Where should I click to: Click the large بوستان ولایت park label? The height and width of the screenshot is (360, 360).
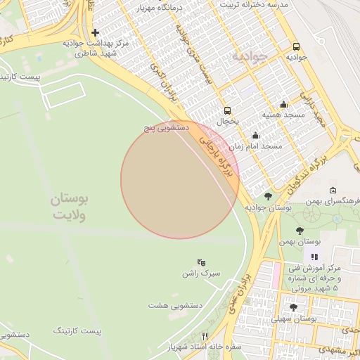pyautogui.click(x=70, y=208)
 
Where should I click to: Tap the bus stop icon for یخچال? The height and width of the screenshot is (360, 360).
pyautogui.click(x=227, y=110)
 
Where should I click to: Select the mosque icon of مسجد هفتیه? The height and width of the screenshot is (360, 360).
pyautogui.click(x=283, y=104)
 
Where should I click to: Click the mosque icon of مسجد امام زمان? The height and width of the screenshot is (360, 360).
pyautogui.click(x=255, y=136)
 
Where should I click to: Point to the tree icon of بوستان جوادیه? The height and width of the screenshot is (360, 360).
pyautogui.click(x=268, y=196)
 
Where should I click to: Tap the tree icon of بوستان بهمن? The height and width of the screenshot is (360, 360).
pyautogui.click(x=300, y=231)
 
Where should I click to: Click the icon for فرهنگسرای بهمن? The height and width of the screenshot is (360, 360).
pyautogui.click(x=332, y=190)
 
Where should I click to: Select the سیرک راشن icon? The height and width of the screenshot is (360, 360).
pyautogui.click(x=202, y=262)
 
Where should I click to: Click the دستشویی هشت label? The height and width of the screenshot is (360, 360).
pyautogui.click(x=176, y=306)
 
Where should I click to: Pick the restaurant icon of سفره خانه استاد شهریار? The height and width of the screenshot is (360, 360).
pyautogui.click(x=205, y=336)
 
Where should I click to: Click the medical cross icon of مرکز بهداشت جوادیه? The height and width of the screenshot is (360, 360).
pyautogui.click(x=96, y=32)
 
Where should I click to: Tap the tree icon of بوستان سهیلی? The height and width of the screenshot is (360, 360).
pyautogui.click(x=293, y=307)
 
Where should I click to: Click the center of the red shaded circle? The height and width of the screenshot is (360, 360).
pyautogui.click(x=180, y=180)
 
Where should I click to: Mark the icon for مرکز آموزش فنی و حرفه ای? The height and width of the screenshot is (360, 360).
pyautogui.click(x=314, y=257)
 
